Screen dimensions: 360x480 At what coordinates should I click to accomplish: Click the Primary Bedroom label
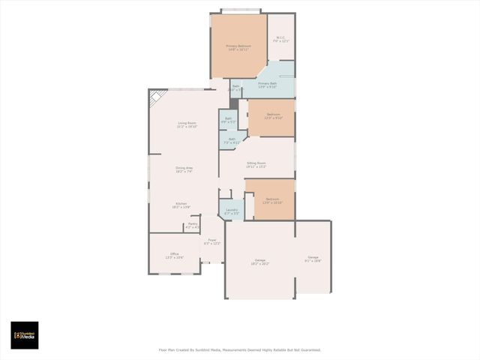[238, 47]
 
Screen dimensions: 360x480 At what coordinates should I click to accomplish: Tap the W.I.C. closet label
[280, 39]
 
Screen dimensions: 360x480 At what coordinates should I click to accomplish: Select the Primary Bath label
[268, 85]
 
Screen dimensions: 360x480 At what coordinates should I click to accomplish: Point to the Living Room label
[187, 124]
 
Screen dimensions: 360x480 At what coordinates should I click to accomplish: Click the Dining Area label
[184, 169]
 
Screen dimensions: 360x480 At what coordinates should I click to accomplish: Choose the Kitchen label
[182, 205]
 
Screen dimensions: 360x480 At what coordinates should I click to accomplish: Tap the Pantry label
[192, 225]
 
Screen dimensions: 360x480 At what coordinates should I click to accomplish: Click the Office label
[174, 255]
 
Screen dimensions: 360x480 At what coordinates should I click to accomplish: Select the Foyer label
[212, 241]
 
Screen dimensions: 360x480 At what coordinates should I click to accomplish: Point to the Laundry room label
[232, 211]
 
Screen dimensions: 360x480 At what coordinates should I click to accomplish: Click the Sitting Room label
[256, 164]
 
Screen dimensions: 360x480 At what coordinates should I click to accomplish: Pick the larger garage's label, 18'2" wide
[259, 262]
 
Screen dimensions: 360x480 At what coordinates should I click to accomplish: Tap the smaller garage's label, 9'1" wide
[313, 259]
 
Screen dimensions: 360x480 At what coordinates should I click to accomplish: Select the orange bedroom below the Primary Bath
[272, 118]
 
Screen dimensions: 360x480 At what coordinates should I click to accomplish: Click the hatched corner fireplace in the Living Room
[157, 98]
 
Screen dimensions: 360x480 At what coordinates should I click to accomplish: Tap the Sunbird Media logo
[24, 335]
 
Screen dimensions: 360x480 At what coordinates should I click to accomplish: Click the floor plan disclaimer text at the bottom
[239, 349]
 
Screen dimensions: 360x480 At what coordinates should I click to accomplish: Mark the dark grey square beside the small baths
[234, 104]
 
